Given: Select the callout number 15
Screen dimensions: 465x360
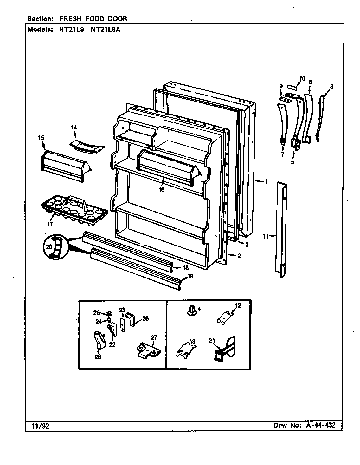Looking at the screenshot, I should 41,138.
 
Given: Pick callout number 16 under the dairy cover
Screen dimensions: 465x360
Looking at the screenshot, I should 162,190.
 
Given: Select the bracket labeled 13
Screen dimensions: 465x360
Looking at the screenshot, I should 185,351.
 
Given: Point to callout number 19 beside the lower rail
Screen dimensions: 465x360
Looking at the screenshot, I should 190,276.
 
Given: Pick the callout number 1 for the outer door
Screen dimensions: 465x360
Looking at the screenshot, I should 266,182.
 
